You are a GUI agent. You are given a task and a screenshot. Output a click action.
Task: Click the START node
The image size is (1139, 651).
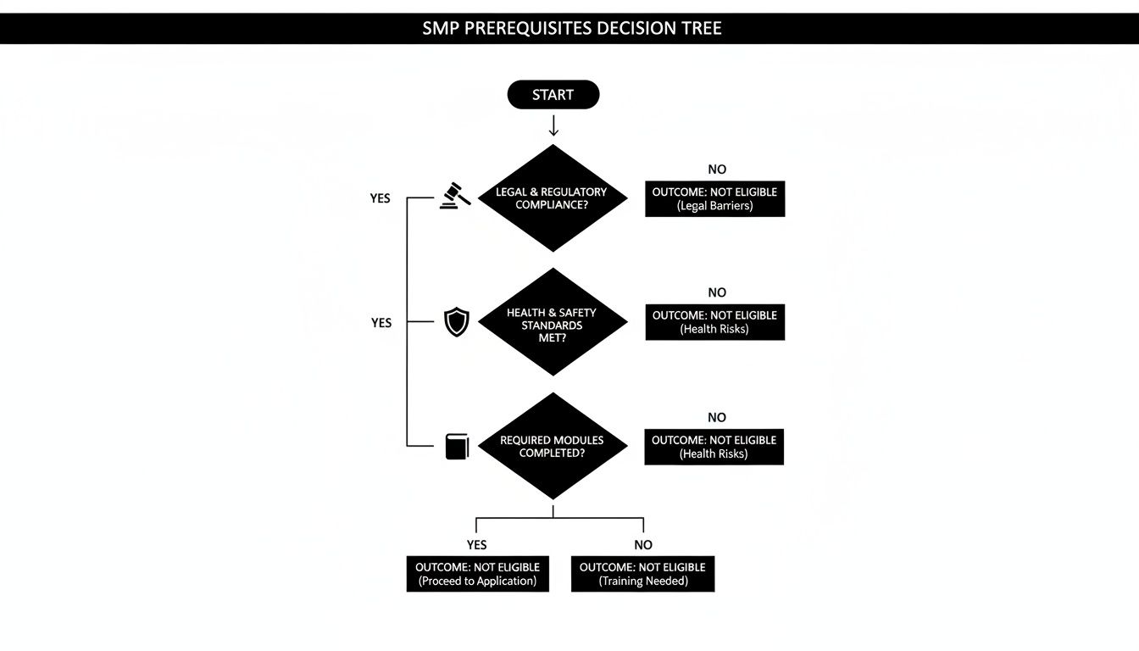[553, 95]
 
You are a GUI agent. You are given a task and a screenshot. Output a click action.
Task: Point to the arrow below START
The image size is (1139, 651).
[553, 126]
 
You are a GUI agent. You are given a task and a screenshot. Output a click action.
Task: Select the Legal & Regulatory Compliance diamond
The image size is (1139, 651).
[553, 198]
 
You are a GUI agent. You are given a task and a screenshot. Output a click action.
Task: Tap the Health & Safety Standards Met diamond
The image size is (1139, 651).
[553, 323]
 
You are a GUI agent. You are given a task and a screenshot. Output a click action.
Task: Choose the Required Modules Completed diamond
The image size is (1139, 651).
[553, 447]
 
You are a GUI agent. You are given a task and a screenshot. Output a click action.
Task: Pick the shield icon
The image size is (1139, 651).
[456, 322]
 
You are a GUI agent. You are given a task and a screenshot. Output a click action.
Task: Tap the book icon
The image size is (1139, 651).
[457, 447]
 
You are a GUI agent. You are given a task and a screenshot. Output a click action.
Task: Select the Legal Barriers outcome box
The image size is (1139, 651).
[714, 198]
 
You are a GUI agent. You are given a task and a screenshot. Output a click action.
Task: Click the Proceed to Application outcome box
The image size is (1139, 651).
[477, 574]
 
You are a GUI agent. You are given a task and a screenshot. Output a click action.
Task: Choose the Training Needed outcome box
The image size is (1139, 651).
[642, 574]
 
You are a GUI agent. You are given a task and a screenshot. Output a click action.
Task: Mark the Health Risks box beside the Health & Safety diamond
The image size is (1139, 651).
[714, 322]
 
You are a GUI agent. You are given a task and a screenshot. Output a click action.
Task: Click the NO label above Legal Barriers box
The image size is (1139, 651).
[717, 170]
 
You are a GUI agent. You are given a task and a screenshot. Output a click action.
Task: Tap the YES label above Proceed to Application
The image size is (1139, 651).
[477, 545]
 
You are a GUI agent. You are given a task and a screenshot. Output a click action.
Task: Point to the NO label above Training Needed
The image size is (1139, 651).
[643, 545]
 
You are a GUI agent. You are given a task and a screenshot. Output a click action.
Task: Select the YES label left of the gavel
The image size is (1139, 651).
[381, 198]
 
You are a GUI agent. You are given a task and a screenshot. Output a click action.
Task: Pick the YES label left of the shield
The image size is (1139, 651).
[381, 323]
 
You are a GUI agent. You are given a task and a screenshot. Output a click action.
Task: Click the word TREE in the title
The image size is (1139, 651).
[700, 28]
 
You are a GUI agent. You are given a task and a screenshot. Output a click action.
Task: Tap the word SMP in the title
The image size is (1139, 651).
[439, 28]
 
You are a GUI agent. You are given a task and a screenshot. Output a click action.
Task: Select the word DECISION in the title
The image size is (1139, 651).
[635, 28]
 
